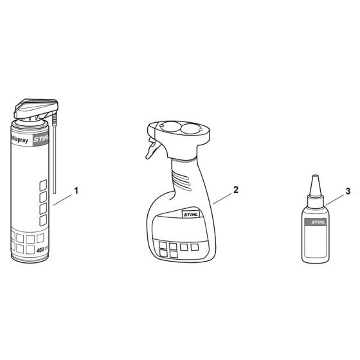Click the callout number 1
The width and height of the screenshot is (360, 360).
click(76, 190)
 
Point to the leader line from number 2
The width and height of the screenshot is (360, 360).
click(223, 196)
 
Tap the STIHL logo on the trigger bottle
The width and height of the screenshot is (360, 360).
click(193, 217)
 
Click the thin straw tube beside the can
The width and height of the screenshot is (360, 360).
click(55, 161)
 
